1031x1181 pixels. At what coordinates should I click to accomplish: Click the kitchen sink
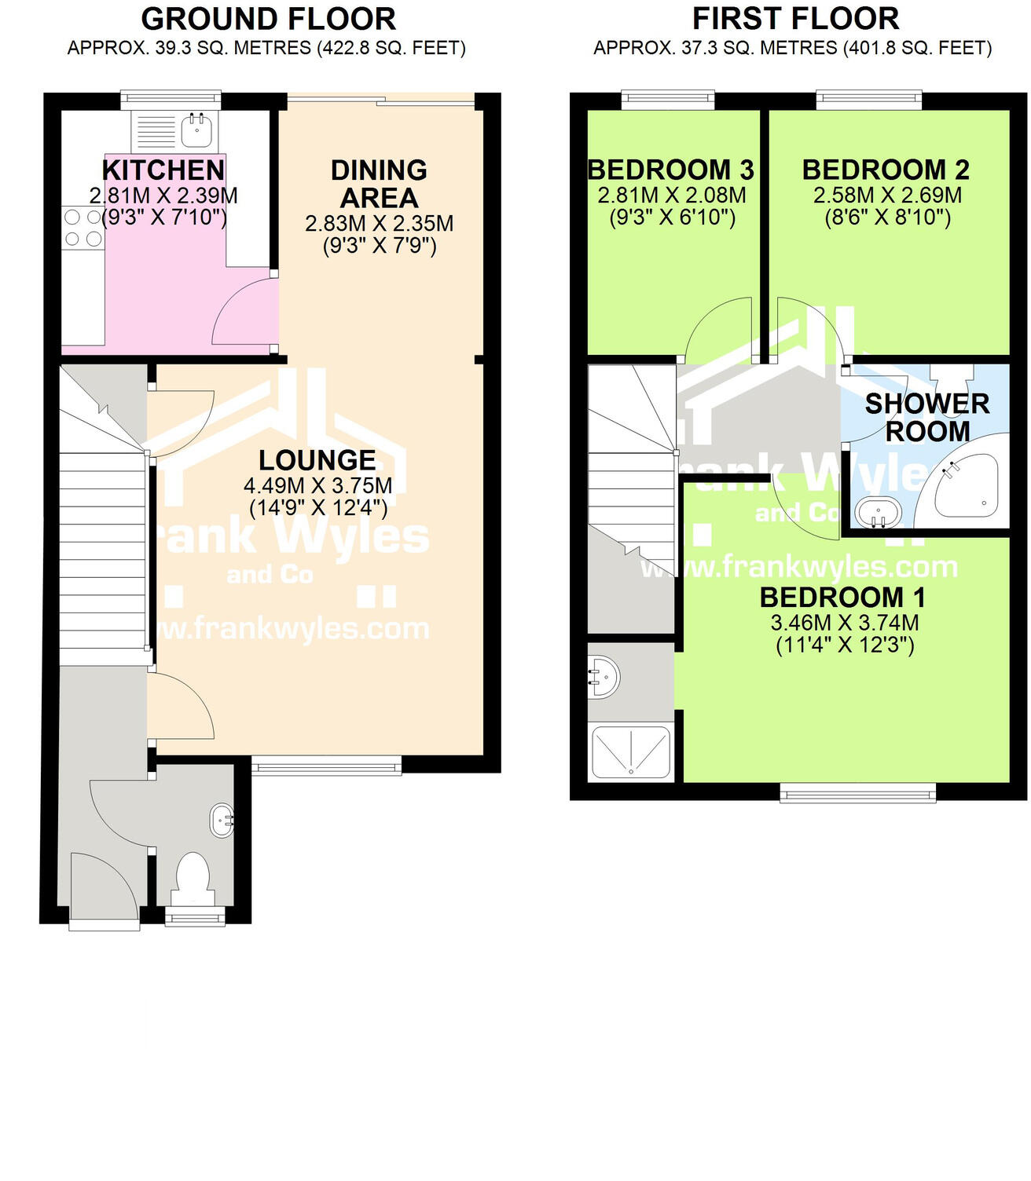[x=195, y=130]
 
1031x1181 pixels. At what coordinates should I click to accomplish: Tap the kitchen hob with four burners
[x=83, y=227]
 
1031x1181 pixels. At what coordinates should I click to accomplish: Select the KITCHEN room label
[x=163, y=170]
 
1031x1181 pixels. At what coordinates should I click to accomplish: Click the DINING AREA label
[x=379, y=184]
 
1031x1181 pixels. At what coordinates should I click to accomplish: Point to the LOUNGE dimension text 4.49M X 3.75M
[x=317, y=485]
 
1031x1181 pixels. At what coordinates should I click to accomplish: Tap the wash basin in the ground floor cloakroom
[x=222, y=820]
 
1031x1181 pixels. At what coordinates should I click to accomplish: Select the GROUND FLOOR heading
[x=268, y=19]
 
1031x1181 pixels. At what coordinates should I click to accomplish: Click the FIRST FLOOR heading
[x=795, y=19]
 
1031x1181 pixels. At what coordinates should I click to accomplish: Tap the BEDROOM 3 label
[x=670, y=170]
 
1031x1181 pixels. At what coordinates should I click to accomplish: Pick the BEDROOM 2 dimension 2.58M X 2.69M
[x=887, y=195]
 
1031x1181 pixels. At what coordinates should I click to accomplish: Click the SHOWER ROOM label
[x=927, y=417]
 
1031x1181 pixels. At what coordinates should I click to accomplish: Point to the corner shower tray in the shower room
[x=964, y=487]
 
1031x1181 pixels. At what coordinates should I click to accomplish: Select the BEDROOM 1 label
[x=842, y=598]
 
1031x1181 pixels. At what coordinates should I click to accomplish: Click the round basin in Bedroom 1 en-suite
[x=603, y=676]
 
